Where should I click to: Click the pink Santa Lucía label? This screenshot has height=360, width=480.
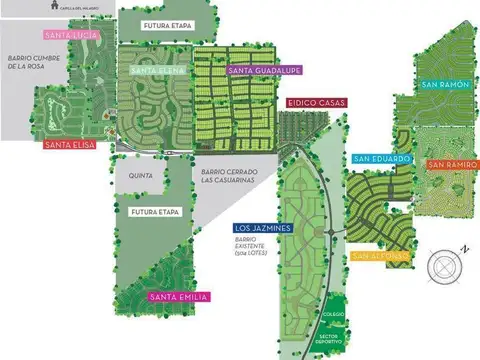72,35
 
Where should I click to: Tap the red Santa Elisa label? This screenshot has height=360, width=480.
70,145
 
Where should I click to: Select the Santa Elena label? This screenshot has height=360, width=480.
155,70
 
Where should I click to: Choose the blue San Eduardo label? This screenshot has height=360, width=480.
381,158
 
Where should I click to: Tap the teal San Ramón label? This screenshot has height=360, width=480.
445,85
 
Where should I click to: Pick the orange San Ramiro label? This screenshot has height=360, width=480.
452,164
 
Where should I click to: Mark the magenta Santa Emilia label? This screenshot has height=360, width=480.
178,297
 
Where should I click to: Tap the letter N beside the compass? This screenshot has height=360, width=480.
464,247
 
